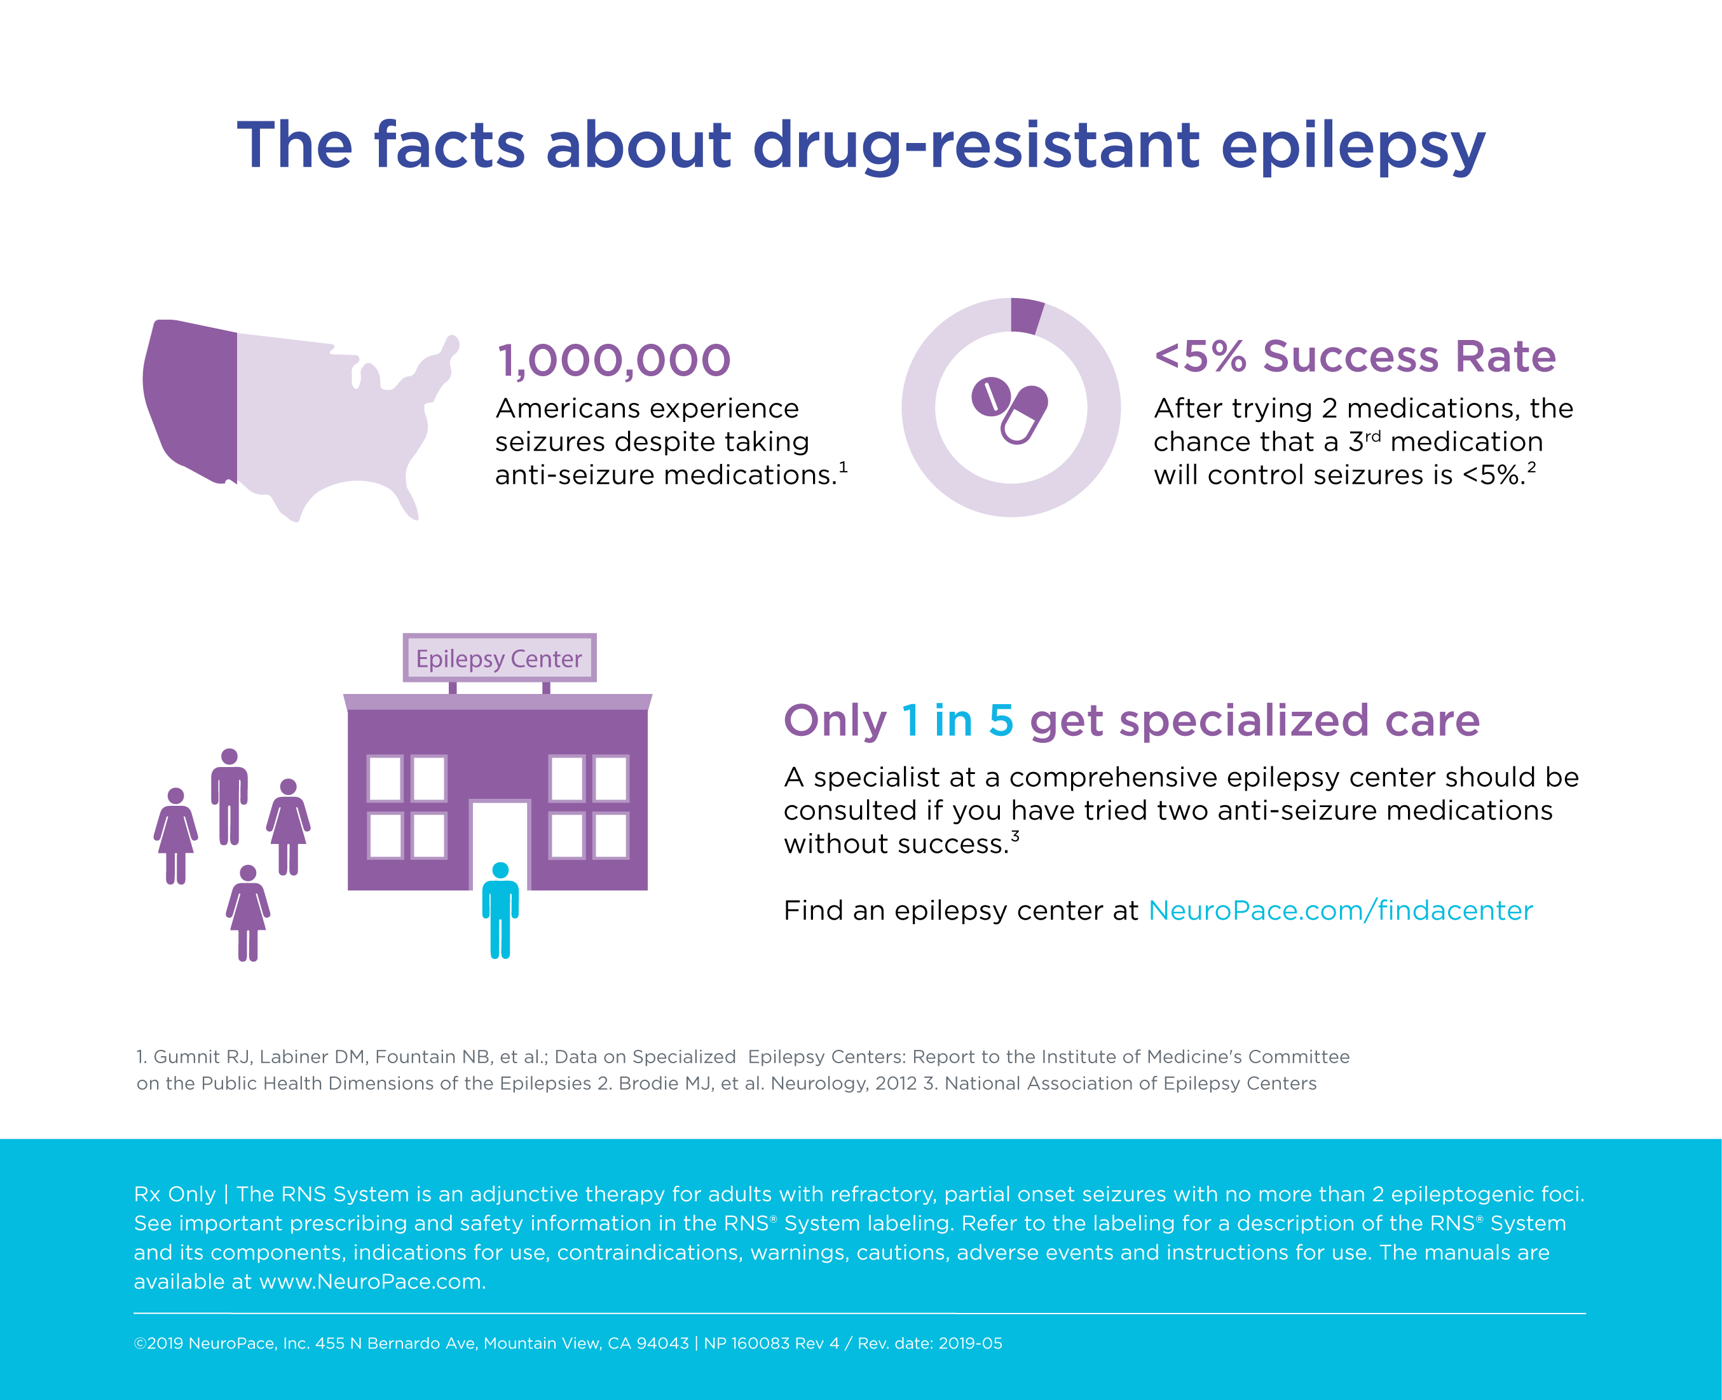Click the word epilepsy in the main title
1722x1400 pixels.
pyautogui.click(x=1352, y=147)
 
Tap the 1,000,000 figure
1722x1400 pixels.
pyautogui.click(x=614, y=360)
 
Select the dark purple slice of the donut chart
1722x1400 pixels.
pyautogui.click(x=1026, y=315)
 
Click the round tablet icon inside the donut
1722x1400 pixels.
pyautogui.click(x=990, y=396)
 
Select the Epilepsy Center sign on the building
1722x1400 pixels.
pyautogui.click(x=499, y=658)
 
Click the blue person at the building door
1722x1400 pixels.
pyautogui.click(x=500, y=909)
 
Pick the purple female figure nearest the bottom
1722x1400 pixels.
pyautogui.click(x=248, y=912)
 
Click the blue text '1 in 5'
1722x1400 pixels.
pyautogui.click(x=957, y=720)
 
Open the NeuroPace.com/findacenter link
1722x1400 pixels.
pyautogui.click(x=1340, y=911)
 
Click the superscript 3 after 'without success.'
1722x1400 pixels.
pyautogui.click(x=1015, y=836)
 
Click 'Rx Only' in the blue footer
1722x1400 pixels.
pyautogui.click(x=174, y=1193)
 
